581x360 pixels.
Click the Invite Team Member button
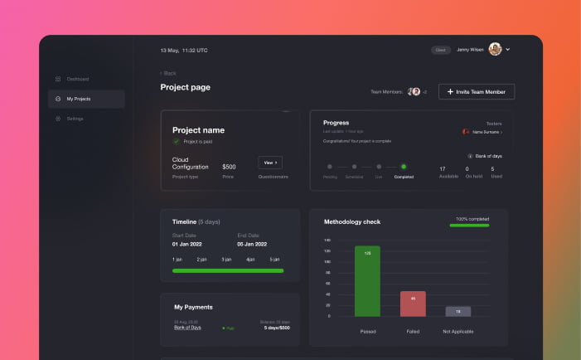pos(477,91)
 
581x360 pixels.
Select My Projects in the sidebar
pos(79,99)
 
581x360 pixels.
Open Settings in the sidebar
pos(75,119)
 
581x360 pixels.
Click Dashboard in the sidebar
pos(77,79)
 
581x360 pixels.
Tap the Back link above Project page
pos(168,73)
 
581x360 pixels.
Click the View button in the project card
pos(270,163)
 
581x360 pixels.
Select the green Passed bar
pos(367,280)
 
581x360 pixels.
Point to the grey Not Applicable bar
pos(458,311)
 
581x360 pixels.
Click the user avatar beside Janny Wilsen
pos(495,50)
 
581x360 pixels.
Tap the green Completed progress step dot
pos(404,167)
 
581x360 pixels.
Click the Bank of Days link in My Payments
pos(187,328)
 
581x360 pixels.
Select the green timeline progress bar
pos(228,270)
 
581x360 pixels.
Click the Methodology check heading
pos(352,221)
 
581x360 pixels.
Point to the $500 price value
pos(229,167)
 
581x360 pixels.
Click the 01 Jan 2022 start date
pos(186,245)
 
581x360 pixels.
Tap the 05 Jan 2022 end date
pos(252,245)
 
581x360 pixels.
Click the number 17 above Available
pos(443,168)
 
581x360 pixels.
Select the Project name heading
pos(198,130)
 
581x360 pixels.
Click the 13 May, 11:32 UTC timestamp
pos(184,51)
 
